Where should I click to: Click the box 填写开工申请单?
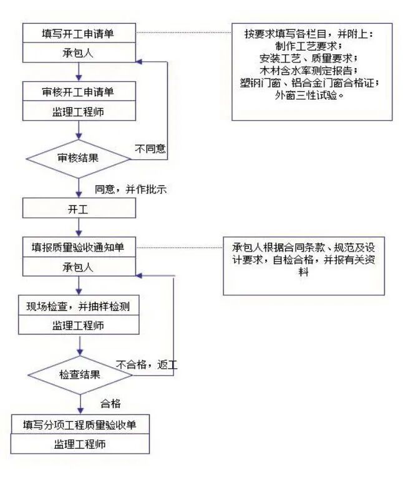point(78,34)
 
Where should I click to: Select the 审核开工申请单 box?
point(78,92)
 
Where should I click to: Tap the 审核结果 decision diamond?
point(78,159)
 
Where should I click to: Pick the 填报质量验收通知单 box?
point(78,247)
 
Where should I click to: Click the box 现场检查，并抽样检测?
point(78,306)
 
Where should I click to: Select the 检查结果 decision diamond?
point(79,375)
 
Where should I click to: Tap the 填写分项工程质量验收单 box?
point(80,425)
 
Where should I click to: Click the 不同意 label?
point(151,149)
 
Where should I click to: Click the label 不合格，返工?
point(146,364)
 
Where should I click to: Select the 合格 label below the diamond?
point(110,404)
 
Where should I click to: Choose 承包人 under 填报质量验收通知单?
point(78,266)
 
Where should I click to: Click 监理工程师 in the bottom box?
point(80,444)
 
